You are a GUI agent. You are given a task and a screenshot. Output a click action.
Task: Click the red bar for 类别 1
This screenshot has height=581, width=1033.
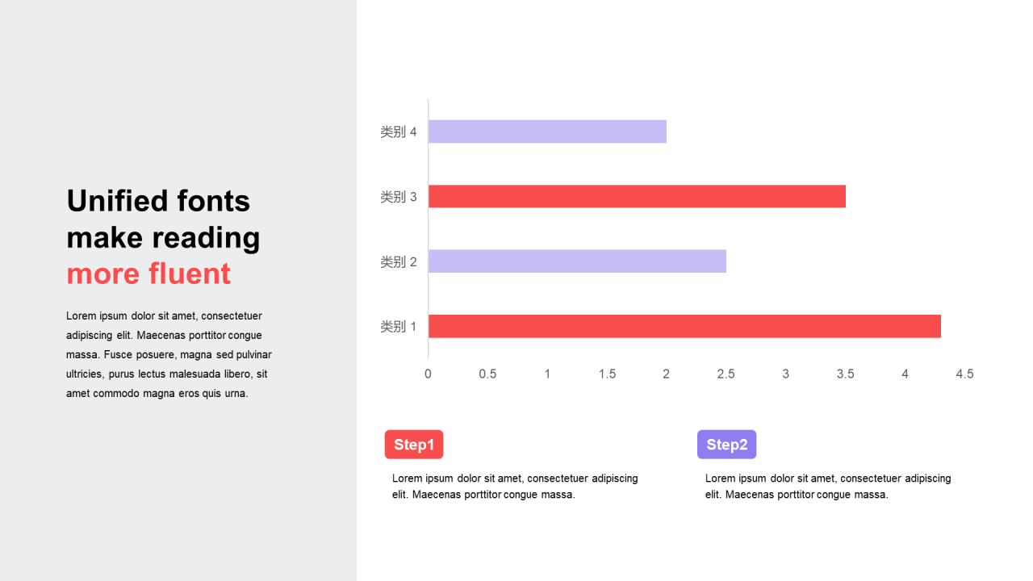684,326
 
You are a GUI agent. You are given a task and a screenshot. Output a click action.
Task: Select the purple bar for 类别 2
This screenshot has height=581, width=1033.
577,261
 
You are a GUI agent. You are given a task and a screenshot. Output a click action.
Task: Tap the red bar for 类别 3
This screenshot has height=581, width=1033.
637,196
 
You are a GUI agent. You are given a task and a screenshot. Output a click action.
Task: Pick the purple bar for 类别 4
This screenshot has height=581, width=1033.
547,132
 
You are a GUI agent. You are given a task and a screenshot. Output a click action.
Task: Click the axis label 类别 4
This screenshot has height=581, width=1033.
399,132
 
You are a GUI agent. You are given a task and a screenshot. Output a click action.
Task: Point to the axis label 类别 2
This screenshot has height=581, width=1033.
399,261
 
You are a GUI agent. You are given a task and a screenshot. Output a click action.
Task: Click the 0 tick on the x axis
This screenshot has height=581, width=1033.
428,374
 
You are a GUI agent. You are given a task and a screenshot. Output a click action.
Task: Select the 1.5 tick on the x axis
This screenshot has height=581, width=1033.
607,374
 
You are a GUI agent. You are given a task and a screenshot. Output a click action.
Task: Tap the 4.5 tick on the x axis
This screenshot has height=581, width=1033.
964,374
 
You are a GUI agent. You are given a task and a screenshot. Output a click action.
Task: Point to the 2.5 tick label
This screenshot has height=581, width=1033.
726,374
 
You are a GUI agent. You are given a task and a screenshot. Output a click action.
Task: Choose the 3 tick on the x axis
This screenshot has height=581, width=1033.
786,374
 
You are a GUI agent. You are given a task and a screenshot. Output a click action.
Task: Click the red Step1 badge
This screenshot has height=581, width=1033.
414,445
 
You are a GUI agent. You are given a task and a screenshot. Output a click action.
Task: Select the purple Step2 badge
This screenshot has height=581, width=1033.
726,445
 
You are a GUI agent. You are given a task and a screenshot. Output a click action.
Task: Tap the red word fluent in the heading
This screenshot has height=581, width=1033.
188,274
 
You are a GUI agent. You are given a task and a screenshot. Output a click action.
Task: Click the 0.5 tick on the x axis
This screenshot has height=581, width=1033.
487,374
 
